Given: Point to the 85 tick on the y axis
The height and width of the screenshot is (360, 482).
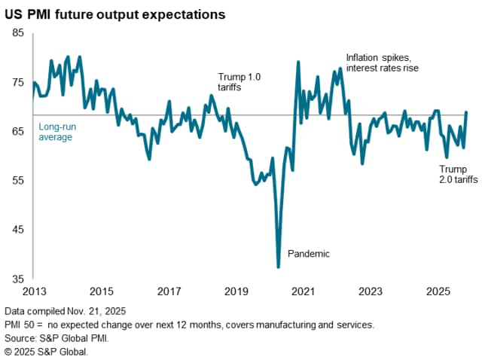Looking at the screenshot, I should (x=18, y=33).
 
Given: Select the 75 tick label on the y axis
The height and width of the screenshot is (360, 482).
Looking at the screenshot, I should (x=18, y=82).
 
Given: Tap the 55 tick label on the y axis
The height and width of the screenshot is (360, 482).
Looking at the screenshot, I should (x=18, y=181).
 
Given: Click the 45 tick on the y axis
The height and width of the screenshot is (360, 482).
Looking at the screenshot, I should (x=18, y=230).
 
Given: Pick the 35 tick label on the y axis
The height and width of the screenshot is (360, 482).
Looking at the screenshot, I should (x=18, y=279).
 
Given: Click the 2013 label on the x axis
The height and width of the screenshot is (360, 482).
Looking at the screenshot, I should (x=34, y=291).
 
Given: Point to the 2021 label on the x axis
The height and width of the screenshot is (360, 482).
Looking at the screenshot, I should (x=303, y=291).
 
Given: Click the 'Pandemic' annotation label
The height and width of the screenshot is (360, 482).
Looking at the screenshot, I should (x=310, y=254).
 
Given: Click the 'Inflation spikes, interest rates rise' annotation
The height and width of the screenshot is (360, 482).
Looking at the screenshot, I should (x=381, y=63).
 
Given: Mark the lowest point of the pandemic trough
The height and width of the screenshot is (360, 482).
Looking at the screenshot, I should (x=279, y=267).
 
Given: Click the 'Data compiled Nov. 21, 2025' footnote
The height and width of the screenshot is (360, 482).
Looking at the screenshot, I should (x=66, y=311).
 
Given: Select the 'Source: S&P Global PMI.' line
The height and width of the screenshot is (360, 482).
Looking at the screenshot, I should (x=56, y=337).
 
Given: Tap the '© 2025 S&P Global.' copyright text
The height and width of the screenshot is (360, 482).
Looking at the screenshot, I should (x=46, y=350).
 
